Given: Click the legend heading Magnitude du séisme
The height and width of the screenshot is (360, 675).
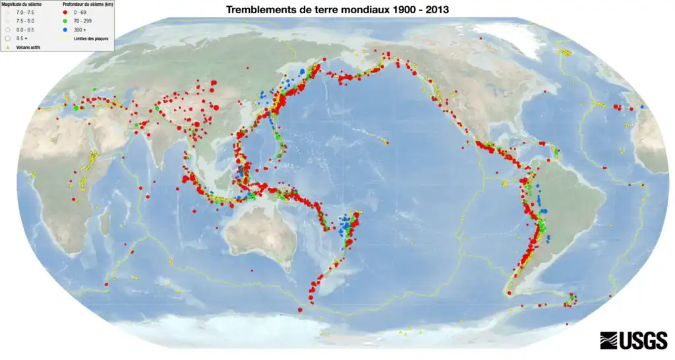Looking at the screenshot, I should pyautogui.click(x=22, y=5).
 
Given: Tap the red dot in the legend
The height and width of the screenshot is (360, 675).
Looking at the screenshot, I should pyautogui.click(x=63, y=13).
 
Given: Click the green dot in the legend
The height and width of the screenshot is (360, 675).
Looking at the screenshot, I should pyautogui.click(x=63, y=22).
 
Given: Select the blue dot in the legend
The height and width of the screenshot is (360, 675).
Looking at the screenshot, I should pyautogui.click(x=63, y=30).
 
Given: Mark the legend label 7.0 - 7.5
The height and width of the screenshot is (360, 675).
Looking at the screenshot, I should pyautogui.click(x=24, y=13).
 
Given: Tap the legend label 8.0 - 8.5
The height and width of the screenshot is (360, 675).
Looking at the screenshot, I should pyautogui.click(x=24, y=30).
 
